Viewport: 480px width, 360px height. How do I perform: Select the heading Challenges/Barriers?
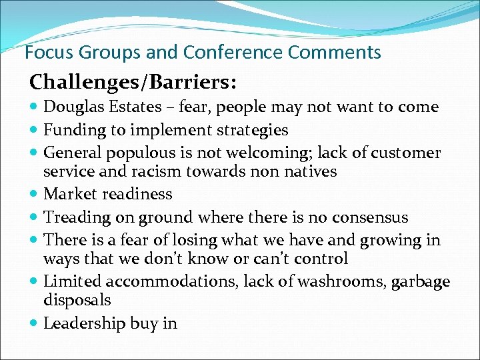click(131, 82)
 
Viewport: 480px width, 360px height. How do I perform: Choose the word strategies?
click(250, 130)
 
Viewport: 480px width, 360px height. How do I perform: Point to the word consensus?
click(370, 217)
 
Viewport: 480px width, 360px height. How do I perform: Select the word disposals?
click(77, 301)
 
